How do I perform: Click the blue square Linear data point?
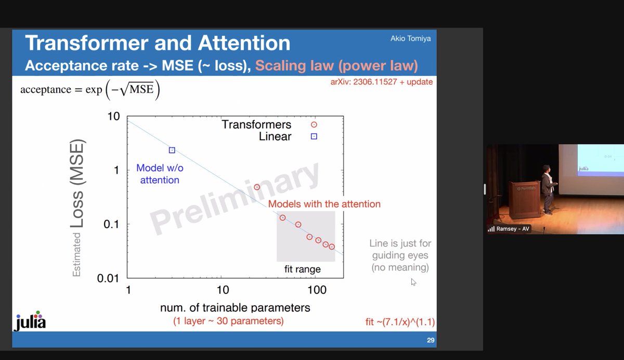click(172, 150)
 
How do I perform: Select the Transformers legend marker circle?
click(314, 125)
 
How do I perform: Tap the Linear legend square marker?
click(314, 137)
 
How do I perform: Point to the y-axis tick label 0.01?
click(109, 278)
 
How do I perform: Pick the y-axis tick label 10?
click(113, 116)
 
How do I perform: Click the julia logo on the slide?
click(30, 322)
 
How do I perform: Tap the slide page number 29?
click(430, 341)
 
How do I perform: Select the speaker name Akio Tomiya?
click(411, 38)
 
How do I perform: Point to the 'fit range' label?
click(302, 269)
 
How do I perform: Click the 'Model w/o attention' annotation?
click(160, 174)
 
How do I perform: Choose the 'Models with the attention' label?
click(324, 204)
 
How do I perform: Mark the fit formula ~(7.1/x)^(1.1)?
click(400, 323)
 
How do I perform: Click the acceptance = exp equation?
click(90, 89)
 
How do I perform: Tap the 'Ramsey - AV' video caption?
click(513, 229)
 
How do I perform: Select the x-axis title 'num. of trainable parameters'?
click(235, 307)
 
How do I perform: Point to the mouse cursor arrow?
click(413, 282)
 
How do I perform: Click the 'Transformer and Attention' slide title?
click(158, 44)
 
